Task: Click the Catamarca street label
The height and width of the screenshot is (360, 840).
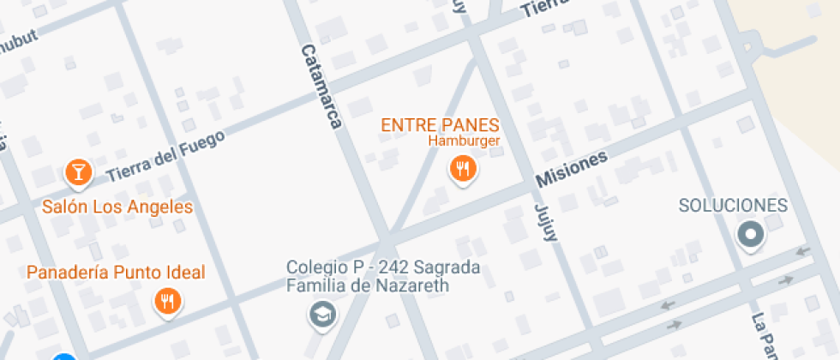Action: [x=321, y=87]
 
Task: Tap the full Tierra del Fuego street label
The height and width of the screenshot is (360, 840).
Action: [x=166, y=156]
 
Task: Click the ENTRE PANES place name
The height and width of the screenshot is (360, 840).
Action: [x=440, y=125]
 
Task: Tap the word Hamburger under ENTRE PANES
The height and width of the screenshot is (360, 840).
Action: [x=463, y=141]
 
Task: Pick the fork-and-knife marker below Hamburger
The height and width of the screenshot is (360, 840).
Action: [x=463, y=169]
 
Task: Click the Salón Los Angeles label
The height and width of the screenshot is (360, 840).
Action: [x=117, y=207]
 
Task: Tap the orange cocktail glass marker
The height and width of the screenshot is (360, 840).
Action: [x=79, y=173]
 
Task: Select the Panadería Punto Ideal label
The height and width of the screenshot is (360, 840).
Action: [x=116, y=273]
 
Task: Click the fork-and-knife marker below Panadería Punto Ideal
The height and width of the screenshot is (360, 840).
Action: [x=166, y=301]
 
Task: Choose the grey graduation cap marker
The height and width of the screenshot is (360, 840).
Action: [x=322, y=315]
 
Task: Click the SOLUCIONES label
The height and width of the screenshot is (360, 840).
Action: [x=732, y=206]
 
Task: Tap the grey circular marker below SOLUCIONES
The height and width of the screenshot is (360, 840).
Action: [x=751, y=234]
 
